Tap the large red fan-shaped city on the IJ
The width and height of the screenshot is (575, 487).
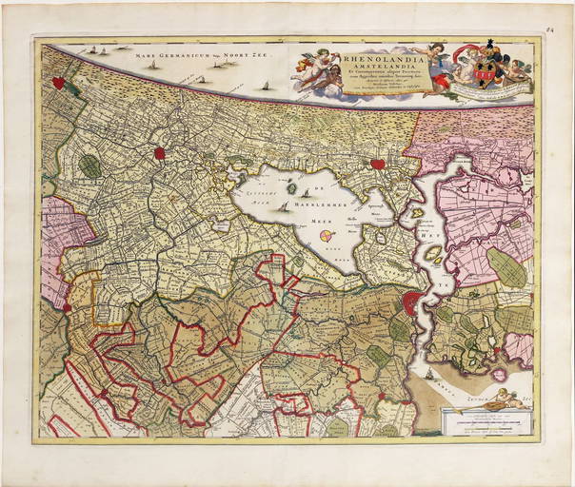[x=411, y=303]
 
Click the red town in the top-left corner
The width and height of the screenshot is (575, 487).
[x=59, y=84]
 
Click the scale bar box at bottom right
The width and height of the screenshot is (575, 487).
[x=485, y=418]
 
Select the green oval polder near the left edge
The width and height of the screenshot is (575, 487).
[x=89, y=166]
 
